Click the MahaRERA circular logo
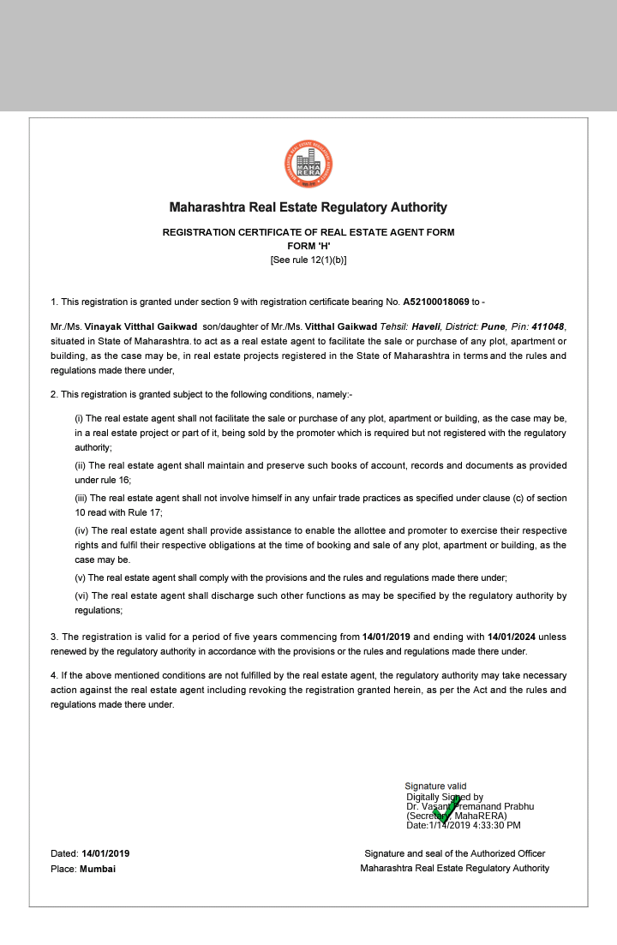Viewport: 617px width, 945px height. point(308,165)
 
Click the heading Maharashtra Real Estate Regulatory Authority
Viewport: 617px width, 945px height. point(308,207)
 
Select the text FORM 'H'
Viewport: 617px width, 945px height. point(308,246)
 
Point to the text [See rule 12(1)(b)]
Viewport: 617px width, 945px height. point(308,260)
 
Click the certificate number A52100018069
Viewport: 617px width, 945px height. point(436,302)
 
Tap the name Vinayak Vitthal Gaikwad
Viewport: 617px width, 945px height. point(141,326)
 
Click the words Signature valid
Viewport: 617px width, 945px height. point(435,786)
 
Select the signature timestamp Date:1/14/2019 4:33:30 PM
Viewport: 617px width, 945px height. point(464,825)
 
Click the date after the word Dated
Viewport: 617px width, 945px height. point(105,853)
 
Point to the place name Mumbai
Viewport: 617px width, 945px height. point(98,869)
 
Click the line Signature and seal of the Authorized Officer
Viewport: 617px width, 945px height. point(455,853)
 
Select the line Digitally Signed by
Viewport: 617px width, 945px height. point(445,797)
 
